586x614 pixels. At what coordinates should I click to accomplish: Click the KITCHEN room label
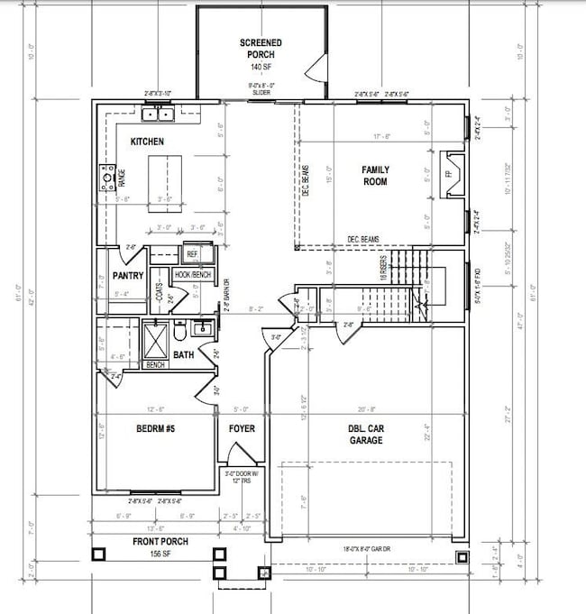(147, 142)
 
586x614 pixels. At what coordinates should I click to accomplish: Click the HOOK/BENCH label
(192, 273)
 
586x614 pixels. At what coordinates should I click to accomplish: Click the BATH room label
(184, 355)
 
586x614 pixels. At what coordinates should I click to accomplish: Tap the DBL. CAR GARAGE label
(367, 435)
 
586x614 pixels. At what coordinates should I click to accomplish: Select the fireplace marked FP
(449, 174)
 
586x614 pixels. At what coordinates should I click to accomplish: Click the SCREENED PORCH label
(261, 49)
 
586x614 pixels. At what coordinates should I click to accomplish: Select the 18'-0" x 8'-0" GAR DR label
(370, 548)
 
